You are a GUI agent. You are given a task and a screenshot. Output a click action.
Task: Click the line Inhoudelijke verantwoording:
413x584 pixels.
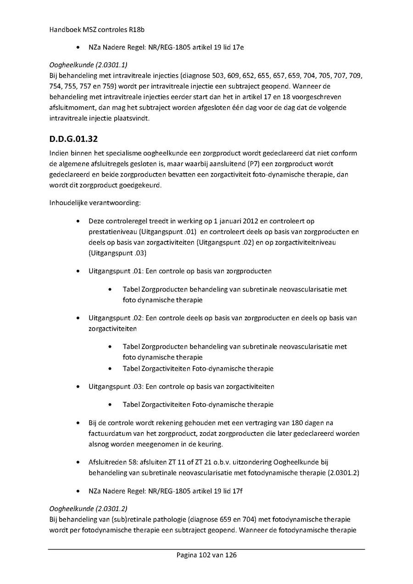tap(88, 202)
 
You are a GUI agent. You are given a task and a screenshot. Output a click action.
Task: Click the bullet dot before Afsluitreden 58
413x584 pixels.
tap(79, 462)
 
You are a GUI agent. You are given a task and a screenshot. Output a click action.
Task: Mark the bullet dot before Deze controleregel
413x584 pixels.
tap(79, 221)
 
